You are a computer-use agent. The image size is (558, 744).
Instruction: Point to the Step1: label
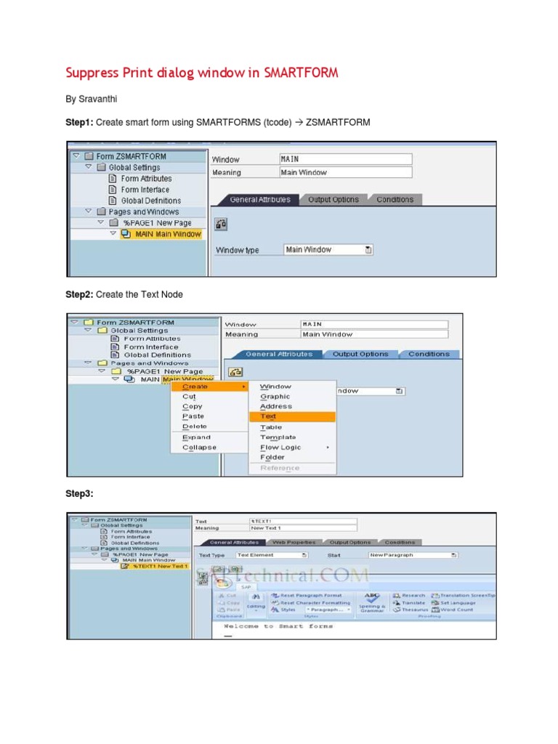79,123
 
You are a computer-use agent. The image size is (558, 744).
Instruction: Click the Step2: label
79,294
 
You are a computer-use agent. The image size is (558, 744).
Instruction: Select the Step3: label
79,494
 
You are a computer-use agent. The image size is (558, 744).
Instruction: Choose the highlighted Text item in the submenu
268,417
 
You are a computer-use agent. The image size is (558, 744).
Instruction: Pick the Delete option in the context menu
195,426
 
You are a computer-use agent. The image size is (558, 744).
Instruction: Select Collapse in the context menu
199,448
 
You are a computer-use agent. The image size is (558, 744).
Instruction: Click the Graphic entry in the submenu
275,397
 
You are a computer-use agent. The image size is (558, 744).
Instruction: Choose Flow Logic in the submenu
280,448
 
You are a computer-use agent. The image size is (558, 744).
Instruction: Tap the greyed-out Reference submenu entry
280,468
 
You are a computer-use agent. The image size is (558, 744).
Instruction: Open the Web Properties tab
294,542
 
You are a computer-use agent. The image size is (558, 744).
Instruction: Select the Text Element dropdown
272,555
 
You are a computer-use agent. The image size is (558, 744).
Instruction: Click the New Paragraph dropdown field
413,555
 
